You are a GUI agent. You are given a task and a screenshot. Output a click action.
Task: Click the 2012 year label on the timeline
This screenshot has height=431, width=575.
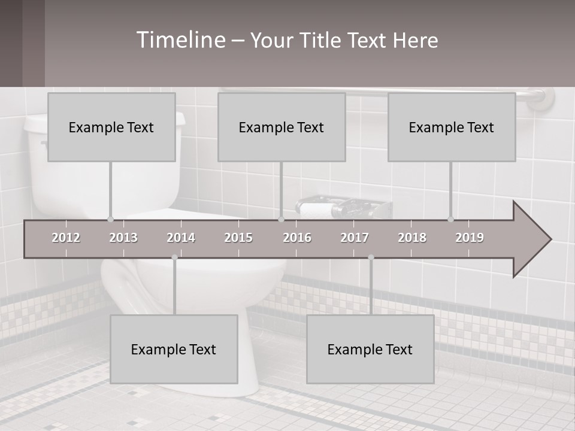pos(66,238)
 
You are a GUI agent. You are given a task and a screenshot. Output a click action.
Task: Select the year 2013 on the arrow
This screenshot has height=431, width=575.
pos(123,238)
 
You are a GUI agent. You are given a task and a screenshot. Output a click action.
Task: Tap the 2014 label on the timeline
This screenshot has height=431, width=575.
pos(181,238)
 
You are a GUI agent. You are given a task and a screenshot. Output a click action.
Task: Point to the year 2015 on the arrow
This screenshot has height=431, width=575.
pos(238,238)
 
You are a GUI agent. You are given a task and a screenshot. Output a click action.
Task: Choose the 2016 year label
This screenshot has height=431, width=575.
pos(297,238)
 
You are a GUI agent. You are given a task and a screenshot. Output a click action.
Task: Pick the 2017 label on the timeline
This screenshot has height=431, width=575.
pos(355,238)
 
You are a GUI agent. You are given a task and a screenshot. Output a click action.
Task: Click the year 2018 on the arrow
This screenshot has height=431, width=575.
pos(412,238)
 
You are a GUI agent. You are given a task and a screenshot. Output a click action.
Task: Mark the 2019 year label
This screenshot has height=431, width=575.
pos(470,238)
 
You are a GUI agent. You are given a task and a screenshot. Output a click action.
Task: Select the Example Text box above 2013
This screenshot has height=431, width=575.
pos(111,127)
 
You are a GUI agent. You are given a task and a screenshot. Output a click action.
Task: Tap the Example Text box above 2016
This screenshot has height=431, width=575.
pos(282,127)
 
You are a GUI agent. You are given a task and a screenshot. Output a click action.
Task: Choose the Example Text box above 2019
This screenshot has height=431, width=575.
pos(452,127)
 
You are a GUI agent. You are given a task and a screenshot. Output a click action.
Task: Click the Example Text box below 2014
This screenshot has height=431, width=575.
pos(174,349)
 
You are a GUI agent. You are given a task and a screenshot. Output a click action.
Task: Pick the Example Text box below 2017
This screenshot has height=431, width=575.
pos(370,349)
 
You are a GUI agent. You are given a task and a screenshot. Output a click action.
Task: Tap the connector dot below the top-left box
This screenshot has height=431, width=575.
pos(110,219)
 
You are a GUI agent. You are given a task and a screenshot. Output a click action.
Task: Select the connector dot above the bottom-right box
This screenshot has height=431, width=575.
pos(371,257)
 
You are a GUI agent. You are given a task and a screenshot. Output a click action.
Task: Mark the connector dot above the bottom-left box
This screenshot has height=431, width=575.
pos(174,257)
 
